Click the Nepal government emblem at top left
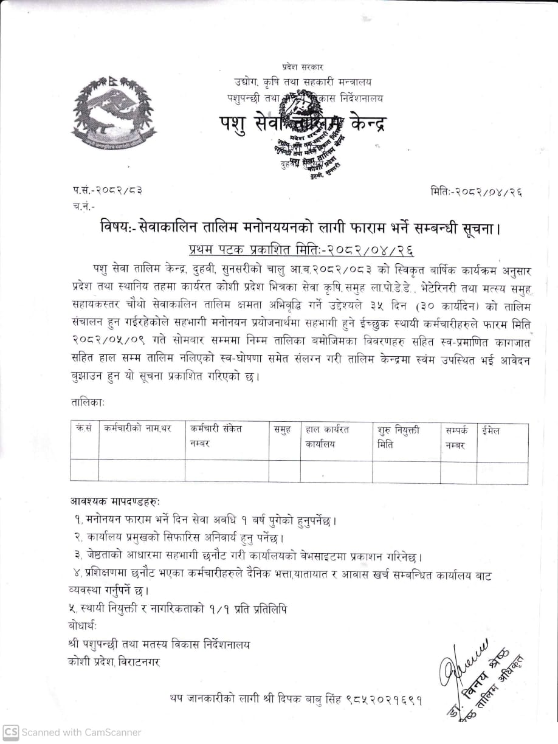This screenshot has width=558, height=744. coord(114,109)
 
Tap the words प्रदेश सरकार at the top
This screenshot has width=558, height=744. coord(303,66)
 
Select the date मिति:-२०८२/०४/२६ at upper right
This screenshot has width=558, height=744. coord(476,192)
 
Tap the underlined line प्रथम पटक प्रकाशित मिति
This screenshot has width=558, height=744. coord(303,249)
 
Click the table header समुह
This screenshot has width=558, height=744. coord(282,429)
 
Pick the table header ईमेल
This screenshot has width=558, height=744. coord(490,430)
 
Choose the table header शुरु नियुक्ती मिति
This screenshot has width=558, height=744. coord(399,436)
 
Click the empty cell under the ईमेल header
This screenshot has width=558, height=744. coord(502,472)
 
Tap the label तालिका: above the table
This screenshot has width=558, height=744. coord(88,402)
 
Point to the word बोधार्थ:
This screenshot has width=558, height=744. coord(83,625)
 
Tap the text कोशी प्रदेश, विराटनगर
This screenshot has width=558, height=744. coord(115,661)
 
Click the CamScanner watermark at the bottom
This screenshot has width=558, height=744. coord(73,732)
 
